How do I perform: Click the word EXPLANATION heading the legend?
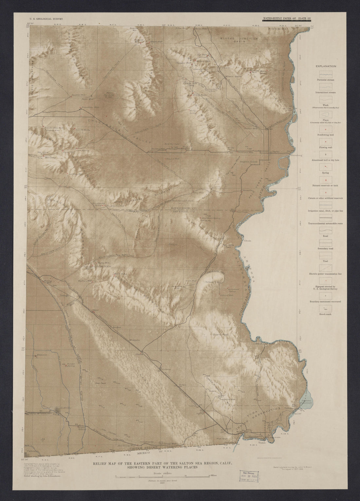[326, 66]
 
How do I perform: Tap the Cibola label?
[247, 241]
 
